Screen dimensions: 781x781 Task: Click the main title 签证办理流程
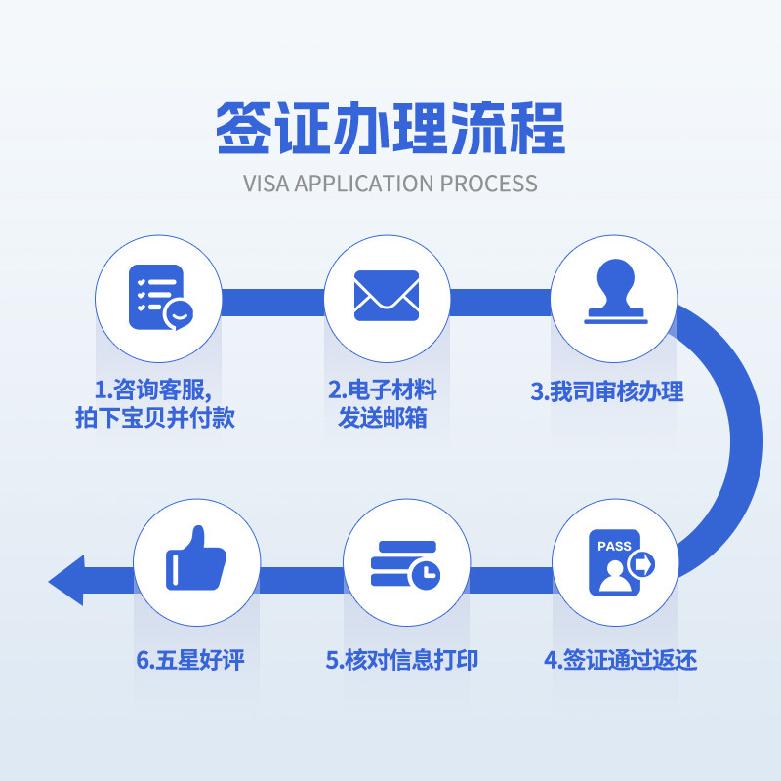(390, 128)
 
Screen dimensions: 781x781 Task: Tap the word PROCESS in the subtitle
(488, 183)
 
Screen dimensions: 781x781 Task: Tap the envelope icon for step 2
(387, 296)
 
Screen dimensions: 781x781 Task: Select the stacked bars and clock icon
(404, 564)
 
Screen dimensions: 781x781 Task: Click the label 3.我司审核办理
(607, 392)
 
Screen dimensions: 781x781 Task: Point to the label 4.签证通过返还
(620, 660)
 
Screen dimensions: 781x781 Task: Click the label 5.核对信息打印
(402, 660)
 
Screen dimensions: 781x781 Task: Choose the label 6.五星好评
(189, 660)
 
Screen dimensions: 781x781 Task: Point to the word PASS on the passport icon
(614, 547)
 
